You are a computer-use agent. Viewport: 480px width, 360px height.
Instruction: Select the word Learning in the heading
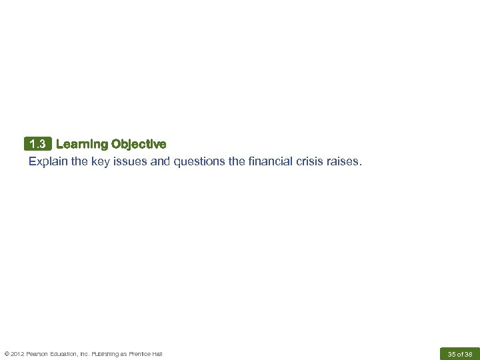coord(81,144)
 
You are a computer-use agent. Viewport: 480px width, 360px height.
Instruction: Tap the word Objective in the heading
coord(139,144)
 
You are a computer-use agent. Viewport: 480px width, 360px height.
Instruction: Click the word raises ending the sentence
coord(343,161)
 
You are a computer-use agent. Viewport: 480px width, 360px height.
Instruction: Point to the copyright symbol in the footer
coord(6,353)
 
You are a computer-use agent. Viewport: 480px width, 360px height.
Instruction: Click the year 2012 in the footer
coord(16,353)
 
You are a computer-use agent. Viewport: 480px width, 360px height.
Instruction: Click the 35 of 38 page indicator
coord(460,353)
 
